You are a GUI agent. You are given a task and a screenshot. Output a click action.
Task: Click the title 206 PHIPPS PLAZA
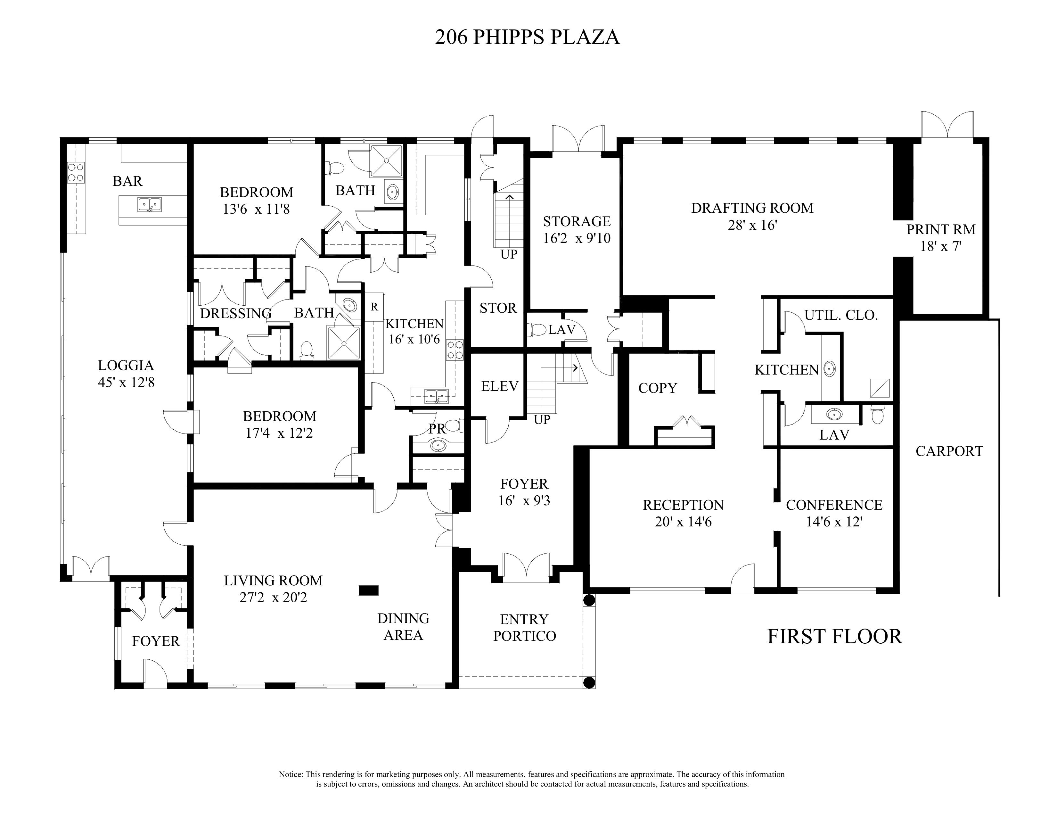pos(527,37)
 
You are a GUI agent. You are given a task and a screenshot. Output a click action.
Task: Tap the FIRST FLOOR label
pos(835,637)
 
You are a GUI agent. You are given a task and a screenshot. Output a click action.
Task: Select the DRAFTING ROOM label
pos(752,208)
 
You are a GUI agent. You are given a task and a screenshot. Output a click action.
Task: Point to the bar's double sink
pos(150,205)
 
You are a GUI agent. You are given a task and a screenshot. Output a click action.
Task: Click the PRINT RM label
pos(941,229)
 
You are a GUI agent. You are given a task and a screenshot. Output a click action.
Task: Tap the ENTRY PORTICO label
pos(525,627)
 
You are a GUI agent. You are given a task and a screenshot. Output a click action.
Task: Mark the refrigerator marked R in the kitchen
pos(374,307)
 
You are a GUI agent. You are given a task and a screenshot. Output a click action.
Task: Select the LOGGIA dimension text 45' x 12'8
pos(126,382)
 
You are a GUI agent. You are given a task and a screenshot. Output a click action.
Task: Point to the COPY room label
pos(658,388)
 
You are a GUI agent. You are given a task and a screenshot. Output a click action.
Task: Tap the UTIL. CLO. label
pos(841,316)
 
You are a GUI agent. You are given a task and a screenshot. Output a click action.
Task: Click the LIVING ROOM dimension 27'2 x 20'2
pos(274,598)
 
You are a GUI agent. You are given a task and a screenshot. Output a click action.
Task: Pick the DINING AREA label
pos(403,627)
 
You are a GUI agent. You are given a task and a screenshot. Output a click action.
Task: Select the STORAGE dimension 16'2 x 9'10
pos(577,238)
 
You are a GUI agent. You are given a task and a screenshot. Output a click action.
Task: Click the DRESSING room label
pos(236,314)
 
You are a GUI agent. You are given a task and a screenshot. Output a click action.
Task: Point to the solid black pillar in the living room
pos(368,590)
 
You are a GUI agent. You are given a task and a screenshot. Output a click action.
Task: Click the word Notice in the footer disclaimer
pos(291,774)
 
